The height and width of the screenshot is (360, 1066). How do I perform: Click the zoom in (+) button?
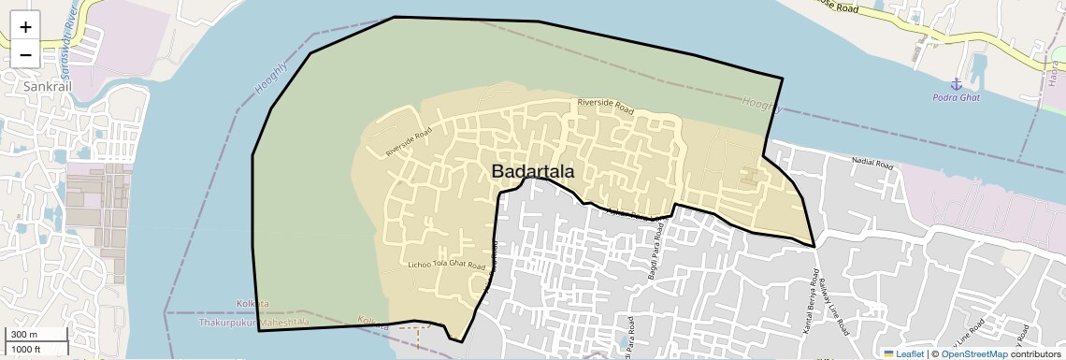coord(25,27)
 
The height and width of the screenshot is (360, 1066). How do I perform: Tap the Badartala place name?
coord(533,172)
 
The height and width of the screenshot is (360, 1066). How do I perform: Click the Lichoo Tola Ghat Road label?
coord(447,266)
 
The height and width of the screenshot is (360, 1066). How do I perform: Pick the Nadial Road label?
coord(874,162)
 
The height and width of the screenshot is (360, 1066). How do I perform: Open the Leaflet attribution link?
coord(903,353)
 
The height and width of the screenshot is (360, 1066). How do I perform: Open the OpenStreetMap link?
coord(974,353)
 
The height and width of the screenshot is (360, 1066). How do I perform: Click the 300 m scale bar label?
coord(24,335)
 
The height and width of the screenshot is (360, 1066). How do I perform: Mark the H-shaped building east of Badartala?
coord(749,174)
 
